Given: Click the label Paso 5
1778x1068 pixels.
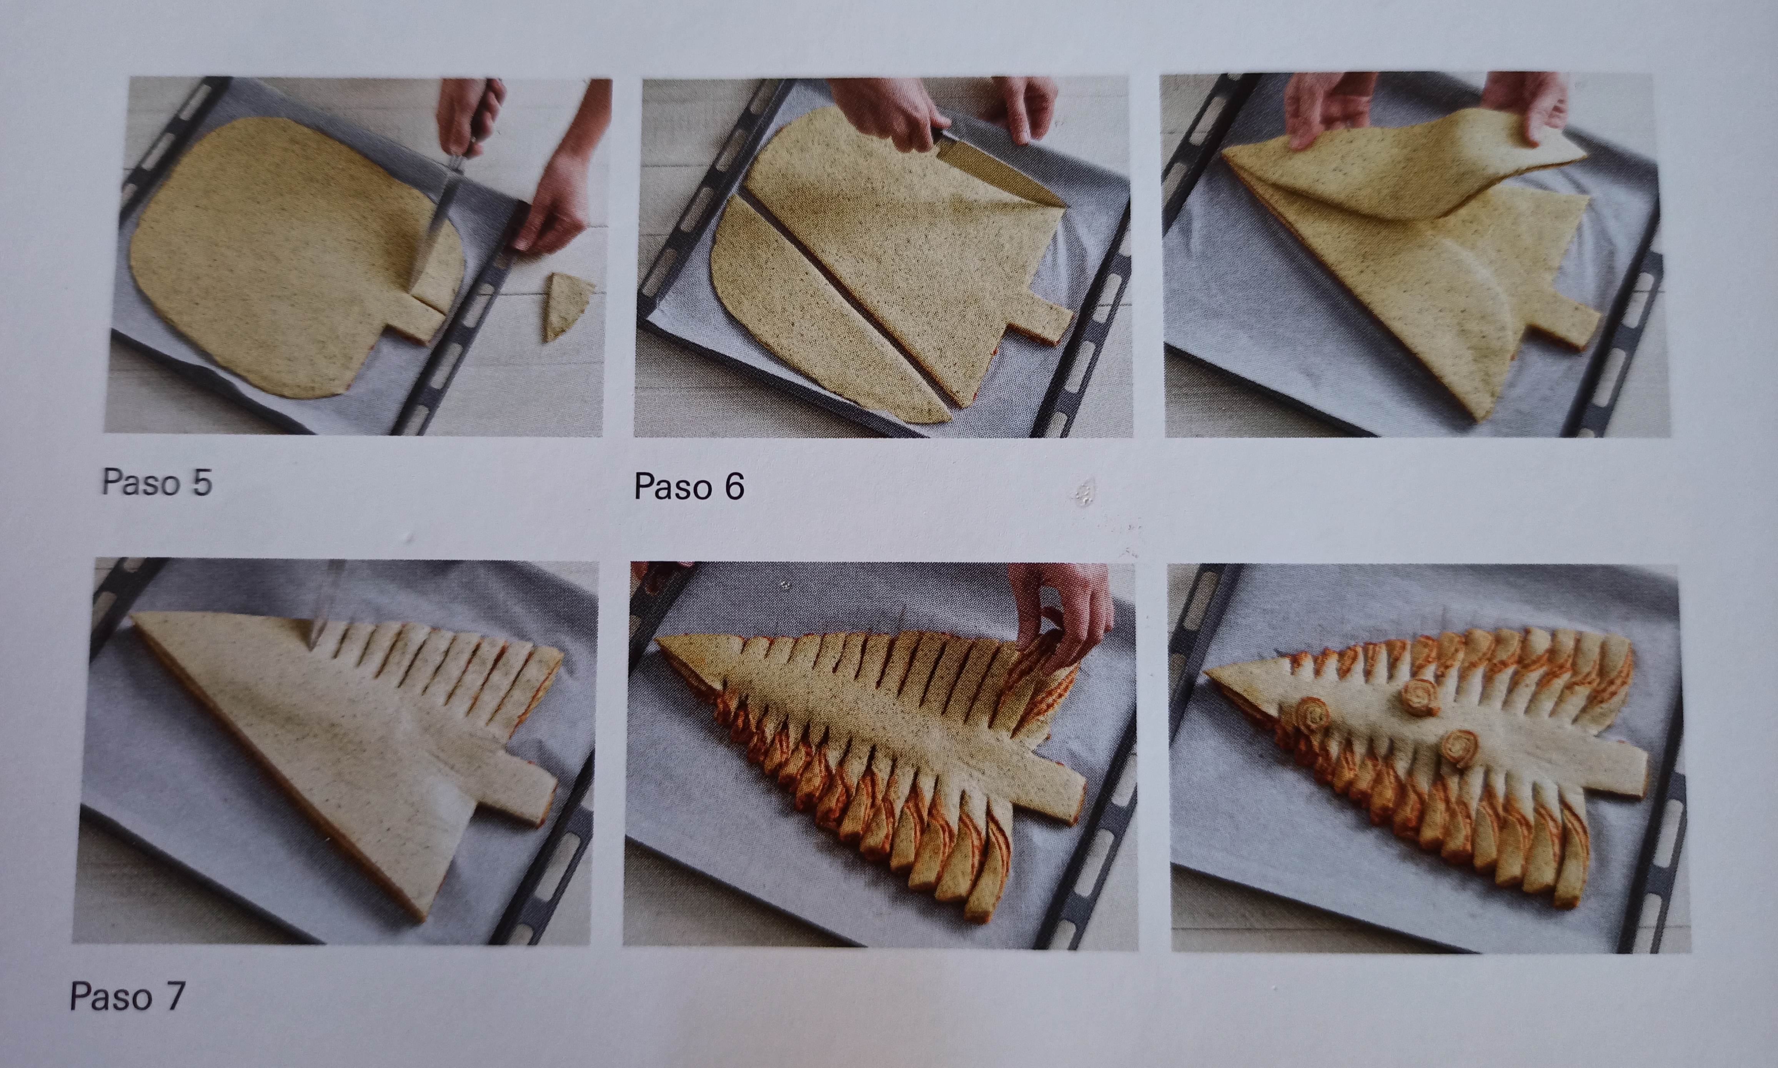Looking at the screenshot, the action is pos(157,482).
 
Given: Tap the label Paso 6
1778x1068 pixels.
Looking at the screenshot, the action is pos(689,487).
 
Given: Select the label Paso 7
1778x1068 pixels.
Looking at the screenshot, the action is pos(127,997).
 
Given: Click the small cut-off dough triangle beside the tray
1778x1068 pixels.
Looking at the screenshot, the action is pos(567,306).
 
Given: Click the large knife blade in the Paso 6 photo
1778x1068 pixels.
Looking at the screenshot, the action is pos(1001,169).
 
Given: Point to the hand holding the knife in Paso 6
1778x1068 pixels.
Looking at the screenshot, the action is pos(889,111).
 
